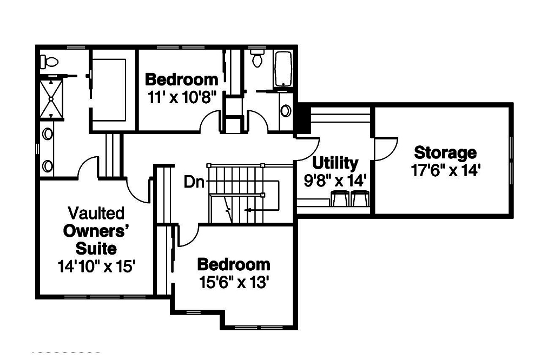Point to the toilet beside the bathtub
258,58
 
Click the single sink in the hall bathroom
286,111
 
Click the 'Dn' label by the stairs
194,182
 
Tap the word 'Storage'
445,152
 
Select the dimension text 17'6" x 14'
445,170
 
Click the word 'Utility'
335,162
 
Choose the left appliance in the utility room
340,199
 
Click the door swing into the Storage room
385,149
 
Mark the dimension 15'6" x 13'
234,282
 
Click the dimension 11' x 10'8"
182,97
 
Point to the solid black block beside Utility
301,119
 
